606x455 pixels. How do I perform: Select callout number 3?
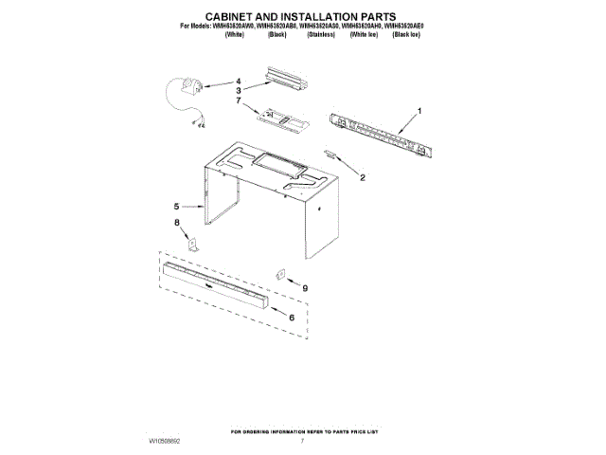click(240, 90)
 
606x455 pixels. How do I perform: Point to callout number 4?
click(240, 82)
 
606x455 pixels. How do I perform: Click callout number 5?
click(176, 206)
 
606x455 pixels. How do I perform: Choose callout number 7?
click(240, 100)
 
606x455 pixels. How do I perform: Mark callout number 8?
click(176, 223)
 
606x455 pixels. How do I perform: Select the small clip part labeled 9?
click(280, 274)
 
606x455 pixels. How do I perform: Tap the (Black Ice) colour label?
click(407, 33)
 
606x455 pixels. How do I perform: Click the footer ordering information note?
click(302, 428)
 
